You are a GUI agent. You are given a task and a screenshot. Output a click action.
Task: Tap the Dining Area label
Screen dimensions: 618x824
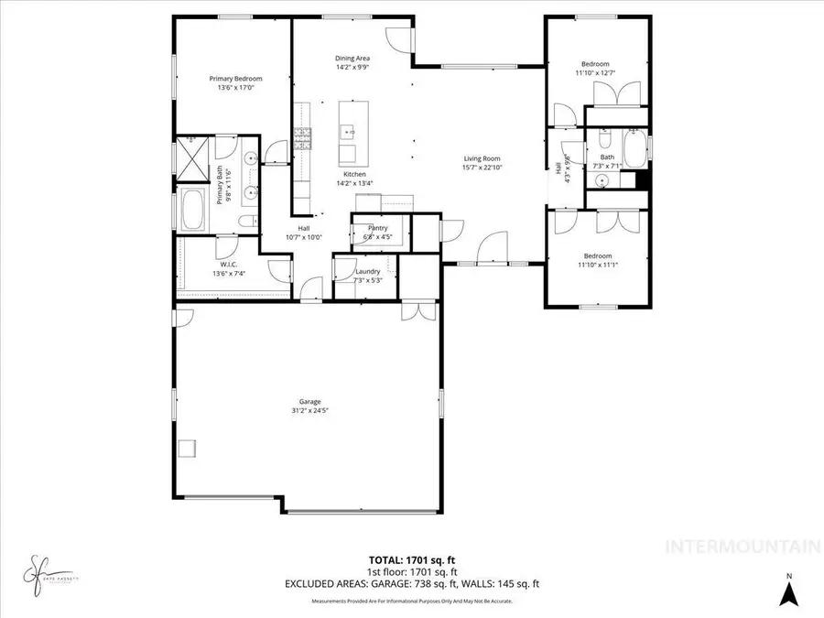point(352,59)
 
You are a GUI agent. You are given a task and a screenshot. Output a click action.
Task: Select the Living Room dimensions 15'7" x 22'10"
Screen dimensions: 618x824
point(482,168)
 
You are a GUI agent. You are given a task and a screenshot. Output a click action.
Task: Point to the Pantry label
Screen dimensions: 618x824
point(377,228)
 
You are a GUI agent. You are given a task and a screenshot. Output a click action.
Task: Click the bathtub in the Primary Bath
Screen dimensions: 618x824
point(193,210)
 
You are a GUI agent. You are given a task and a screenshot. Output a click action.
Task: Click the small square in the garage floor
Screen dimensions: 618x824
point(188,447)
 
